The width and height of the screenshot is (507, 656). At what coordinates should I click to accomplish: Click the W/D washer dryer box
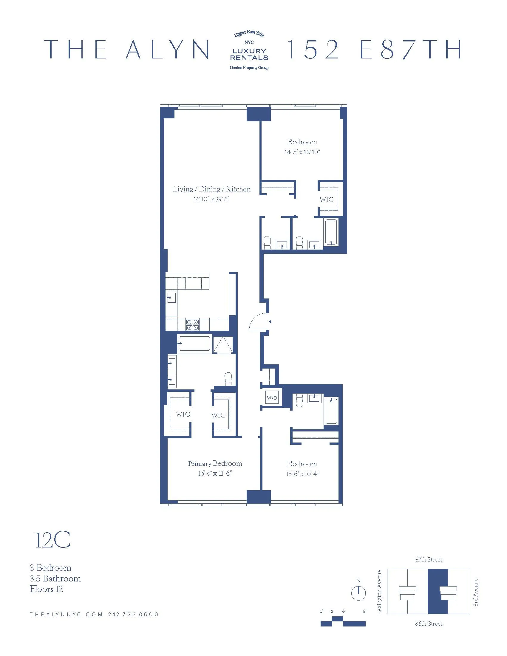click(272, 398)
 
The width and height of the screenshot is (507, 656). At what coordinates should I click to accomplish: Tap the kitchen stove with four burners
click(192, 325)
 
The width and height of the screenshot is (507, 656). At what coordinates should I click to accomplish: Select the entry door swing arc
click(258, 321)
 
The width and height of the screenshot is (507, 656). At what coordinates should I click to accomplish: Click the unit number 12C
click(52, 540)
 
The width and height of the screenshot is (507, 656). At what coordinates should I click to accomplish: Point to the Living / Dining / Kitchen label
click(211, 189)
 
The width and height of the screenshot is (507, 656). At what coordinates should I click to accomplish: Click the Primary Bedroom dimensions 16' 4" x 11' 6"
click(215, 474)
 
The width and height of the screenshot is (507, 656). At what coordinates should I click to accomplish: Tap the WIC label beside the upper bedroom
click(327, 199)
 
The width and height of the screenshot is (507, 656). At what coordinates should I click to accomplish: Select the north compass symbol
click(358, 593)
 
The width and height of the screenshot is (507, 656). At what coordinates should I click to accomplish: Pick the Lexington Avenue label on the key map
click(379, 592)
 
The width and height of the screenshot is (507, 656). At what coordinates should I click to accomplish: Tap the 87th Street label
click(429, 560)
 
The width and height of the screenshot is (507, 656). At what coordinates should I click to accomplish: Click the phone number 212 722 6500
click(133, 615)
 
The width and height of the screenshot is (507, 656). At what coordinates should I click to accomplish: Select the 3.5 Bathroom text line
click(55, 578)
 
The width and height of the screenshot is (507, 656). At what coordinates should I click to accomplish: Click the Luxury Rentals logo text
click(249, 54)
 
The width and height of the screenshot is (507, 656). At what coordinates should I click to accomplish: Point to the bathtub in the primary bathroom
click(194, 343)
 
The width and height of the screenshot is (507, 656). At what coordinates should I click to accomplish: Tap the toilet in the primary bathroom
click(228, 379)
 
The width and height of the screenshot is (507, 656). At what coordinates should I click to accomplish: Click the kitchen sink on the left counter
click(171, 298)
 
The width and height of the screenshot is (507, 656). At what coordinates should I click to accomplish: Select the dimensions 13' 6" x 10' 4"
click(302, 474)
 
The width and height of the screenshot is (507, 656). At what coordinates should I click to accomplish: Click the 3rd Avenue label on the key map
click(475, 592)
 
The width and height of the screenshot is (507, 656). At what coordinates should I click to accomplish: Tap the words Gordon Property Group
click(249, 68)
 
